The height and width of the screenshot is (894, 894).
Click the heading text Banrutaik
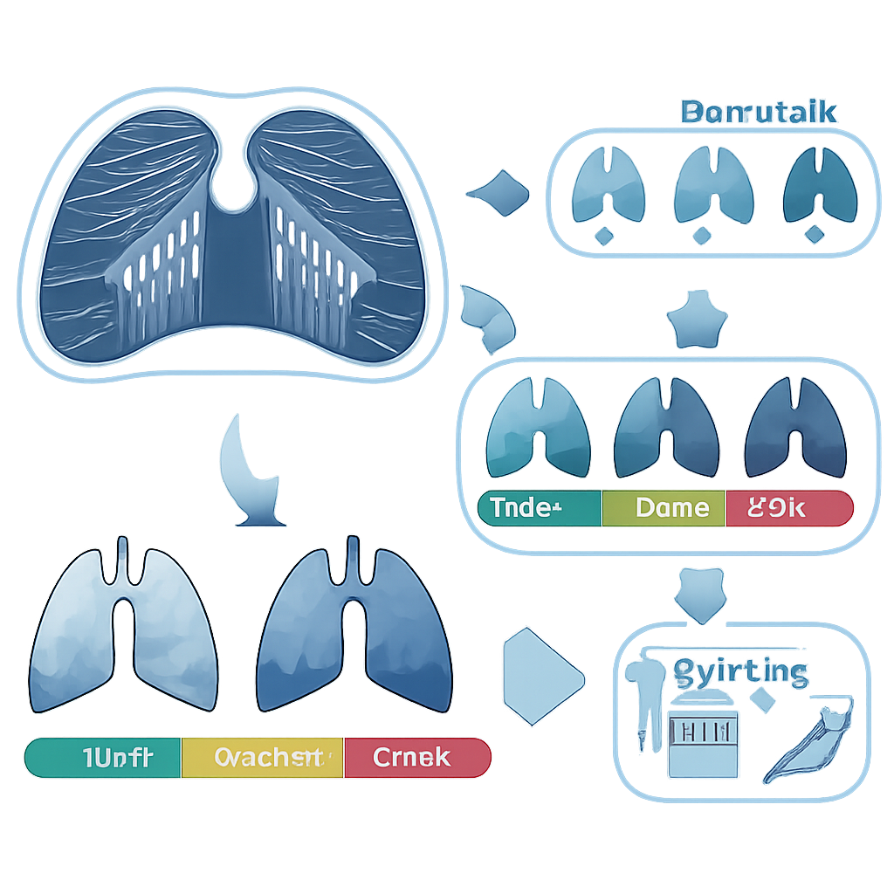(x=758, y=113)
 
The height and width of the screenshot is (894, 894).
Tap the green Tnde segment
(x=539, y=508)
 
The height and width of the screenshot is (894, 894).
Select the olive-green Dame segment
(x=664, y=508)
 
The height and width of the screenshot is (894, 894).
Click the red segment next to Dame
(x=787, y=508)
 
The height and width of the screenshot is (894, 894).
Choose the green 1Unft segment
(x=103, y=757)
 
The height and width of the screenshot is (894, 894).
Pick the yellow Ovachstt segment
(x=263, y=757)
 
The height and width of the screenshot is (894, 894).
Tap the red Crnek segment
(x=416, y=757)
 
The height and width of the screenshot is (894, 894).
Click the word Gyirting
(x=740, y=672)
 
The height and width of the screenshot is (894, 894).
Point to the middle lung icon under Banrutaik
(x=714, y=186)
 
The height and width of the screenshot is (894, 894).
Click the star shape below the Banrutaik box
(x=696, y=324)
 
